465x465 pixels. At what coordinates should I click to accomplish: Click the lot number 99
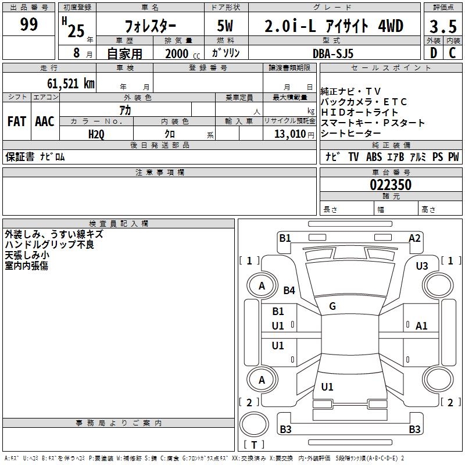tap(29, 24)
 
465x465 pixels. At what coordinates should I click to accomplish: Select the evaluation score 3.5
tap(443, 26)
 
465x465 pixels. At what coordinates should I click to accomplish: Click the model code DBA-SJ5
tap(333, 53)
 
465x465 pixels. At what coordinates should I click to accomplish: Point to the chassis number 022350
tap(391, 185)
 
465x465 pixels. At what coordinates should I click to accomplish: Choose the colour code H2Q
tap(96, 134)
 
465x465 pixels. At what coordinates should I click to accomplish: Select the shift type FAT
tap(17, 121)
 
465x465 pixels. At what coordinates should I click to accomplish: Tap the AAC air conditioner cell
tap(44, 121)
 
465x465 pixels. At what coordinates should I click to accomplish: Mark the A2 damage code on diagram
tap(414, 238)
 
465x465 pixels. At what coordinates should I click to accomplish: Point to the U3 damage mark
tap(422, 266)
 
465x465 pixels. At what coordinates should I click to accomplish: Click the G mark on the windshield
tap(332, 306)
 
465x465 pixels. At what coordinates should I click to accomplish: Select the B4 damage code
tap(289, 290)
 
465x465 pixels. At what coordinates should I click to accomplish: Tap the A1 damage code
tap(421, 326)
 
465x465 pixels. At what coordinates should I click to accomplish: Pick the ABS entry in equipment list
tap(375, 157)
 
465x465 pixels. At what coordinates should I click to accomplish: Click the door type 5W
tap(225, 26)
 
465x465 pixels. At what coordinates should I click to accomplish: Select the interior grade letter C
tap(452, 53)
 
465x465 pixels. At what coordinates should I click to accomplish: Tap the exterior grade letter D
tap(433, 53)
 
